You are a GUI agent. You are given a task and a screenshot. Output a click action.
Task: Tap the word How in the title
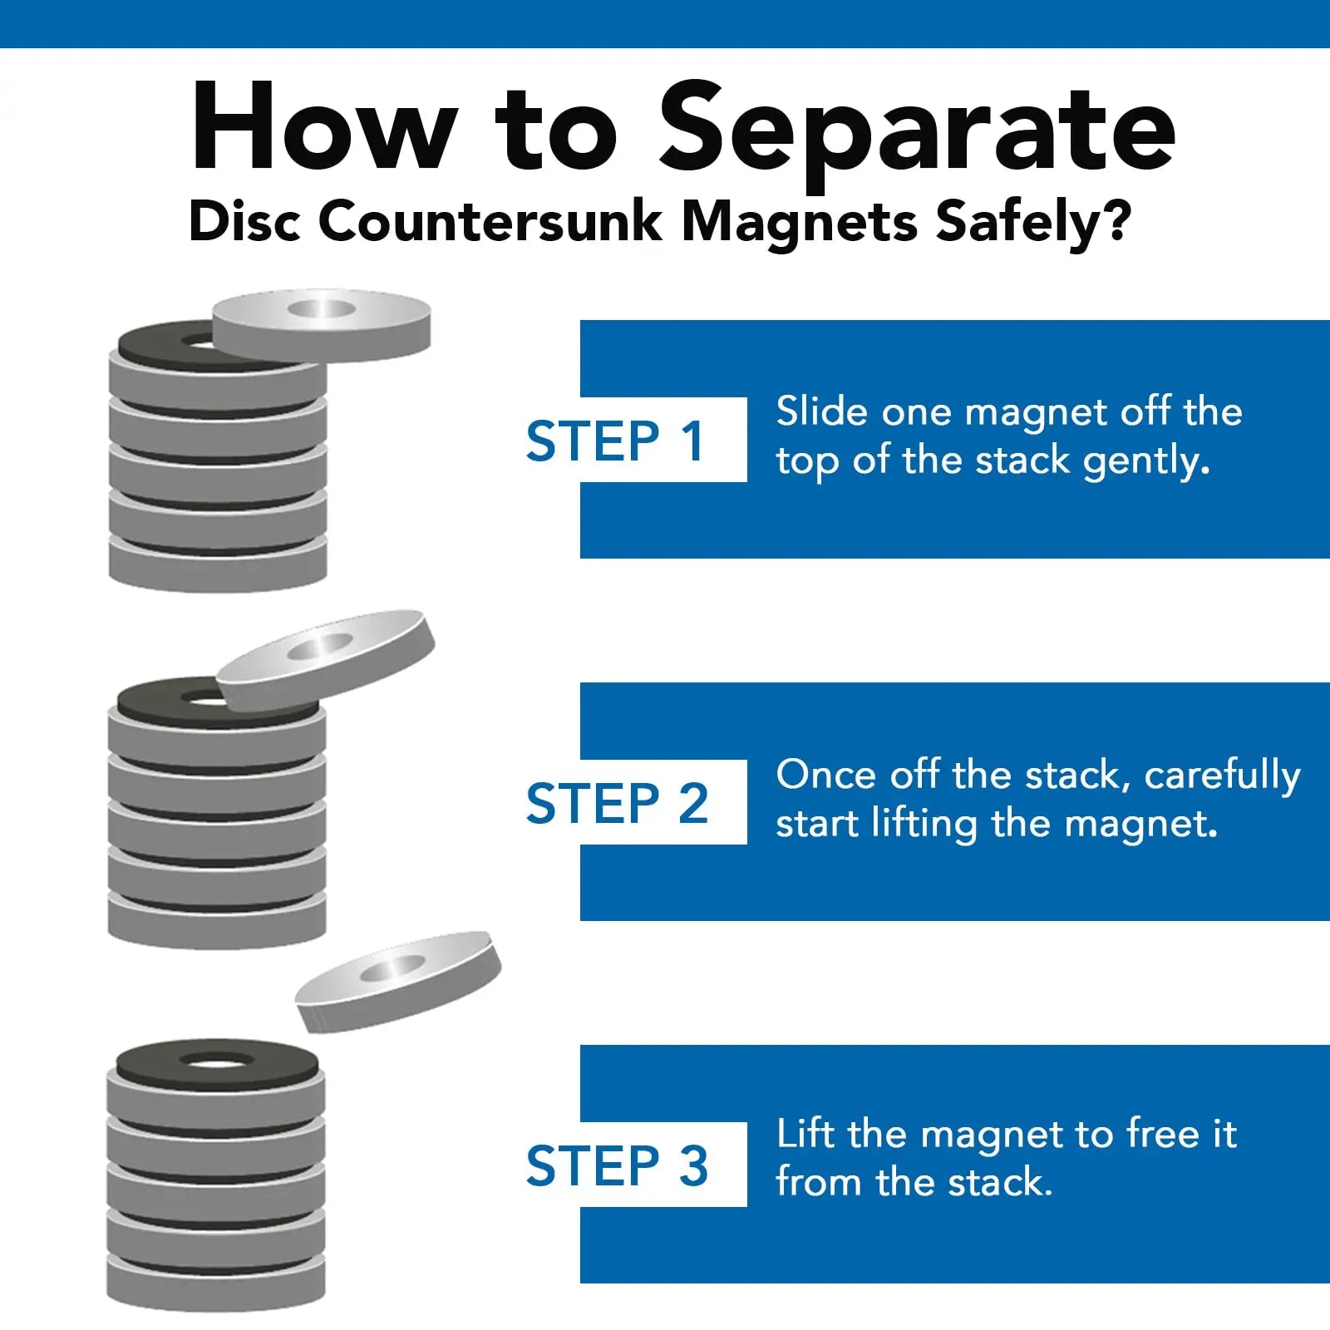coord(324,126)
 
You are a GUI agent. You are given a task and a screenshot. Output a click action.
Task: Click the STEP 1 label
coord(616,441)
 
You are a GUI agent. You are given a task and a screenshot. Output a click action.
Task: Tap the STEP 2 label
coord(617,803)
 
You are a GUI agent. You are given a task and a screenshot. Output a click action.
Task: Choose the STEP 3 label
coord(617,1165)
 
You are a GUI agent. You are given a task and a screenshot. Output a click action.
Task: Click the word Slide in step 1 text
coord(822,411)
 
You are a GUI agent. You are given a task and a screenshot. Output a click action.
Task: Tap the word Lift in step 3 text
coord(805,1134)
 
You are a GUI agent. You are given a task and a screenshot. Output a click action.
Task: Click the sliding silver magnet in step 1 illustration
coord(322,325)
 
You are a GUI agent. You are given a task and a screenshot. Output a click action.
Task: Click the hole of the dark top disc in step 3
coord(216,1062)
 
